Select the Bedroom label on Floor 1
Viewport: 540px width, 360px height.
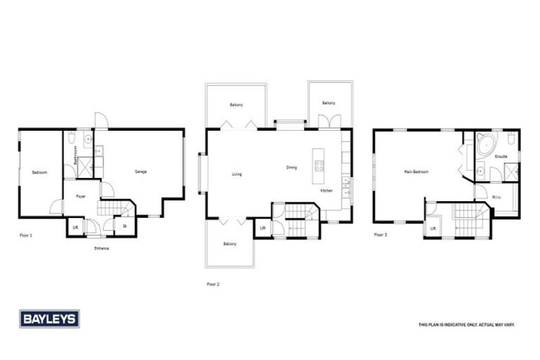coord(39,172)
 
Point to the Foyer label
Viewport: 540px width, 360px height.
coord(81,197)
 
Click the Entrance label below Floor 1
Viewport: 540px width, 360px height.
coord(101,247)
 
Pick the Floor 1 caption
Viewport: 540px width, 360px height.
coord(26,235)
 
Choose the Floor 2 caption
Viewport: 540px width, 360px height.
coord(213,284)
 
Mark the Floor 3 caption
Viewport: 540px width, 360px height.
coord(380,235)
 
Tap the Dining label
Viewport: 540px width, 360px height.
coord(292,167)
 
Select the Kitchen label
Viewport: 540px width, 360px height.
coord(327,191)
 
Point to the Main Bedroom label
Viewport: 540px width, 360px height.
coord(416,172)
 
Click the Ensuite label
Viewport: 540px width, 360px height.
coord(501,156)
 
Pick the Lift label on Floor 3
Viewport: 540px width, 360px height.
coord(433,229)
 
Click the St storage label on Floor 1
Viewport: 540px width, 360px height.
coord(124,226)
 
